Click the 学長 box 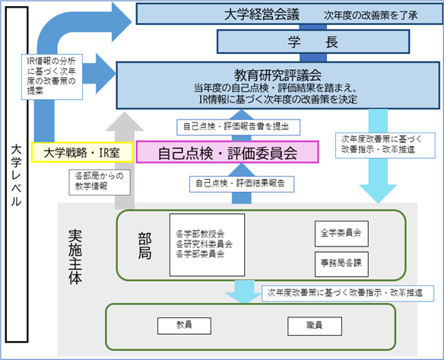click(x=313, y=42)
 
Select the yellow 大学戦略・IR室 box click(x=82, y=152)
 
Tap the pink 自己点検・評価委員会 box click(x=227, y=152)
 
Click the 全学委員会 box click(x=341, y=234)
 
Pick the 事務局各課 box click(x=341, y=264)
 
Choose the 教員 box click(x=184, y=326)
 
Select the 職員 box click(x=315, y=326)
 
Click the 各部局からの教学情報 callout click(x=100, y=182)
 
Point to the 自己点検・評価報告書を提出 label click(x=239, y=127)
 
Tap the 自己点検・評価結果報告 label click(x=242, y=184)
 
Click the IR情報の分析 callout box click(x=52, y=77)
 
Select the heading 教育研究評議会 click(x=277, y=75)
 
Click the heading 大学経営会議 click(x=262, y=14)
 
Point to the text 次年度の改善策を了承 click(x=371, y=15)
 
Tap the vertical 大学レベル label click(x=17, y=176)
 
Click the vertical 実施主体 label click(x=75, y=256)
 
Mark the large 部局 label click(x=145, y=246)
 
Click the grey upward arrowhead click(x=125, y=122)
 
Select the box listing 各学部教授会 click(x=208, y=245)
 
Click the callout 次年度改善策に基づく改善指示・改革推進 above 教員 click(x=347, y=293)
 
